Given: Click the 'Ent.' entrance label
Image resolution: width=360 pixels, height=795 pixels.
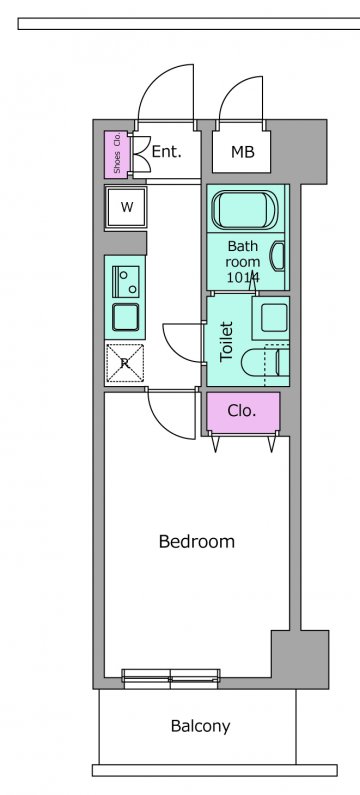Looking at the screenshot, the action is click(x=167, y=152).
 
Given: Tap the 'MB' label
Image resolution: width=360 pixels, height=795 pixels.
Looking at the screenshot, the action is click(x=242, y=152).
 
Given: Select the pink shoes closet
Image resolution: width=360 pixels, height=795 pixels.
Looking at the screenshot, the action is click(x=117, y=155).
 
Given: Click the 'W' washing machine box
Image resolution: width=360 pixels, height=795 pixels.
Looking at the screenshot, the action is click(x=126, y=207).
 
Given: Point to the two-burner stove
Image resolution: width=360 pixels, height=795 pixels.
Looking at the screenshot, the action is click(x=126, y=281).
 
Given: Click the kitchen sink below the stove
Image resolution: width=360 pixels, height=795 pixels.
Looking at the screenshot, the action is click(x=126, y=317).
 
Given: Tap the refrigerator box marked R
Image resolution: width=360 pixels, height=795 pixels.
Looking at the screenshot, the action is click(x=125, y=363).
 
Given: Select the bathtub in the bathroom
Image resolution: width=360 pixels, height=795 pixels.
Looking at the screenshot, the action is click(x=245, y=209).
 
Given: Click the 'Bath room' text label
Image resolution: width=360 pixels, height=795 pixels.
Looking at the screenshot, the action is click(x=242, y=262).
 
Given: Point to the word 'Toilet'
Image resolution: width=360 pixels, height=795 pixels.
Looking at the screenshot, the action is click(x=226, y=341).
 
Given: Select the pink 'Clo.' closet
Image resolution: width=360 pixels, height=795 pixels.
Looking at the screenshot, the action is click(x=243, y=411).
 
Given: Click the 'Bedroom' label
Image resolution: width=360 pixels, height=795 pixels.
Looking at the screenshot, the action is click(x=197, y=541).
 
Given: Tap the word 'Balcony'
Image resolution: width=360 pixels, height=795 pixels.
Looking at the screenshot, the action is click(x=200, y=727).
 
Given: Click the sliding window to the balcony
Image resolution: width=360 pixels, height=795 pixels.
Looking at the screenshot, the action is click(x=171, y=678).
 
